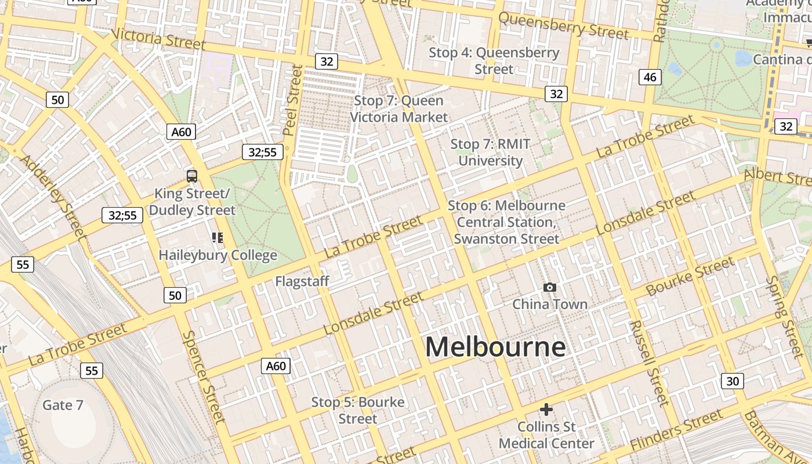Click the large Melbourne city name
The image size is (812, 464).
495,347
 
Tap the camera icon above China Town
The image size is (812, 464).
549,287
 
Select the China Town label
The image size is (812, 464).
549,304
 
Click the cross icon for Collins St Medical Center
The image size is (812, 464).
546,409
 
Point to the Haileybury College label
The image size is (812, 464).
217,255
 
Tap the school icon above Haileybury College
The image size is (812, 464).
217,237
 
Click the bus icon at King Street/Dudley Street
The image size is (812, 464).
191,176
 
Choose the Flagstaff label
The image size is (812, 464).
302,281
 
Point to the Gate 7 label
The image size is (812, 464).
63,405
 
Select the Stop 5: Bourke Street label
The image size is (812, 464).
358,410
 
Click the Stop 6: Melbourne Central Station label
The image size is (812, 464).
506,222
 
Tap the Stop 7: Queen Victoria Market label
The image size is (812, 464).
399,108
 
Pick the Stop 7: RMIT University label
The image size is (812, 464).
490,152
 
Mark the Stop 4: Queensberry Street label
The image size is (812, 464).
494,61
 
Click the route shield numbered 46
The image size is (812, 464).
650,77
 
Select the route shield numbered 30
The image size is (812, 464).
733,381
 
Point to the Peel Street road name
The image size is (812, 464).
293,100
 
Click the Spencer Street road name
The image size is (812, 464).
203,376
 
